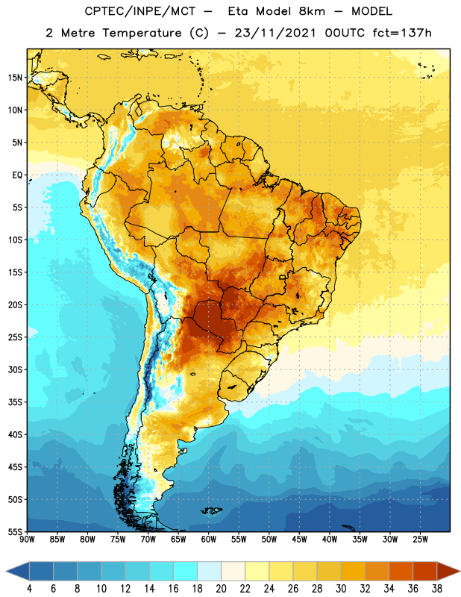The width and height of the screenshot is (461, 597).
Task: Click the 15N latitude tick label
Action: click(15, 78)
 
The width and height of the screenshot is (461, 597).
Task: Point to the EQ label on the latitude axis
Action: click(17, 175)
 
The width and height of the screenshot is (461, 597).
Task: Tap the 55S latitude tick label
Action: click(15, 532)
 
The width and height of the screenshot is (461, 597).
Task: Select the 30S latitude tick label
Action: click(15, 369)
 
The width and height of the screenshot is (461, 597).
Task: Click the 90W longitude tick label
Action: click(27, 540)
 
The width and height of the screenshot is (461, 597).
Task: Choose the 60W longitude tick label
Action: click(209, 540)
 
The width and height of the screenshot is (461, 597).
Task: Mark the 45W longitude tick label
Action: click(300, 540)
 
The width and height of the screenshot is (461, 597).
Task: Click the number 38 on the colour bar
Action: click(436, 589)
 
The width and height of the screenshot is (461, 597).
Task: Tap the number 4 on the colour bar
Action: click(29, 589)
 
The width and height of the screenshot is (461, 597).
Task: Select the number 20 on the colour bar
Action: click(221, 589)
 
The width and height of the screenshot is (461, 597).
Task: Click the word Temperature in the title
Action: click(142, 33)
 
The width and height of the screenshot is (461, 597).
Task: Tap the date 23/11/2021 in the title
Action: click(275, 33)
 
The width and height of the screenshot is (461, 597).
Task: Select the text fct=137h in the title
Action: click(401, 33)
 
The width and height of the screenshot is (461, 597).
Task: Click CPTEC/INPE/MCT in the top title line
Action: click(139, 11)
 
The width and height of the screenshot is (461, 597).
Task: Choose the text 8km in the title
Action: click(312, 11)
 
